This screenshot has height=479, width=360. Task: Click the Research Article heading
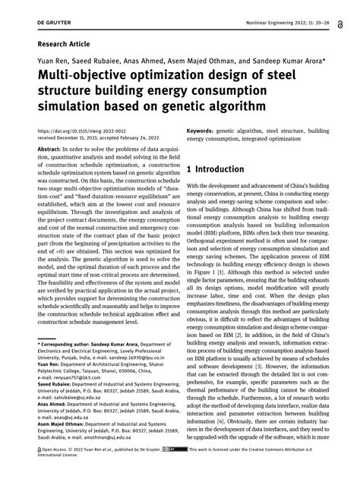(62, 46)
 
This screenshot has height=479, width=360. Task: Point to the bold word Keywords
(206, 131)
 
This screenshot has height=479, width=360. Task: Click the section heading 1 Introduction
(226, 171)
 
